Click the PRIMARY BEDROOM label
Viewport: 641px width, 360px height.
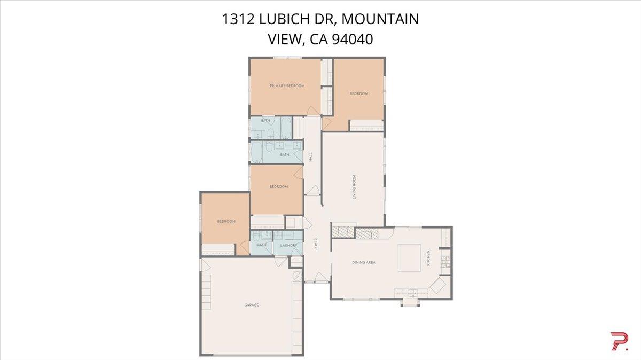pyautogui.click(x=287, y=86)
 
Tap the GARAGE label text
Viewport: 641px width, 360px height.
pyautogui.click(x=251, y=305)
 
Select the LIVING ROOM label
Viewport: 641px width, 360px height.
pyautogui.click(x=354, y=187)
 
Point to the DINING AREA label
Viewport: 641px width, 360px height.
pyautogui.click(x=363, y=262)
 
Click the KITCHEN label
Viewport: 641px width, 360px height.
pyautogui.click(x=428, y=259)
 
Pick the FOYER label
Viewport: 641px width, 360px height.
pyautogui.click(x=316, y=244)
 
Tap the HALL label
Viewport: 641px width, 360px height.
pyautogui.click(x=310, y=157)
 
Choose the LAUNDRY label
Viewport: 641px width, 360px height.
pyautogui.click(x=288, y=245)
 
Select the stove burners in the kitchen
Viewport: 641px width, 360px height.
pyautogui.click(x=444, y=261)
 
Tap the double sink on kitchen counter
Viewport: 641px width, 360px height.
pyautogui.click(x=412, y=292)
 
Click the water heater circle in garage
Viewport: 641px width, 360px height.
pyautogui.click(x=296, y=276)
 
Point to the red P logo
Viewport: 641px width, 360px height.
pyautogui.click(x=619, y=341)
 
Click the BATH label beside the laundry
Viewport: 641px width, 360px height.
pyautogui.click(x=262, y=245)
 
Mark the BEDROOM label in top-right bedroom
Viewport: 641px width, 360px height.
pyautogui.click(x=358, y=94)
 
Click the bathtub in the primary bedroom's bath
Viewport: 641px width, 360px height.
pyautogui.click(x=285, y=128)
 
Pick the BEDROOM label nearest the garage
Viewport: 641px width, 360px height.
pyautogui.click(x=226, y=221)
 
